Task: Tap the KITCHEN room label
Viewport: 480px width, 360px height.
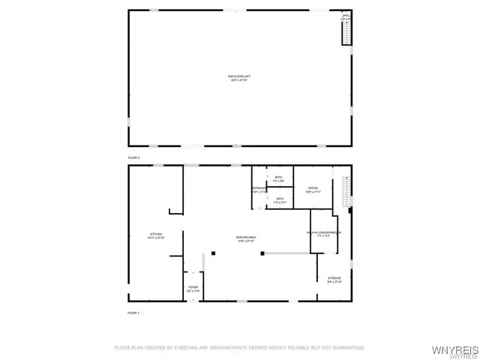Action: coord(156,235)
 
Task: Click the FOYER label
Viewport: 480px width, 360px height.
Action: coord(193,288)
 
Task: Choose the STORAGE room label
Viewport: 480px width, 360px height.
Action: coord(334,280)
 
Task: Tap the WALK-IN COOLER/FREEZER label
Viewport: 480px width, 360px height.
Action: coord(323,233)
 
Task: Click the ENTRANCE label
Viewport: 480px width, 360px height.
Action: coord(259,190)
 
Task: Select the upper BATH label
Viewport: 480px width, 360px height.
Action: coord(278,178)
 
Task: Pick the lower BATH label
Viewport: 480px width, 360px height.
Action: coord(279,200)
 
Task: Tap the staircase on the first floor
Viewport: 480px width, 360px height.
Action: coord(346,191)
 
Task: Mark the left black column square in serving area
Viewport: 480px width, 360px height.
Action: coord(214,253)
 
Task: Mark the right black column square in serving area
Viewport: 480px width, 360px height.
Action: coord(262,253)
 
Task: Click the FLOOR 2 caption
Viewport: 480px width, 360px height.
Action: coord(133,158)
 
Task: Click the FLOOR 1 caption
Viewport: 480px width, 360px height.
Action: coord(133,312)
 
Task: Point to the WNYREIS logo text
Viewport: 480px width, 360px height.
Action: coord(452,349)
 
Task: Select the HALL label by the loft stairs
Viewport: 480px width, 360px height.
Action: coord(346,15)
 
